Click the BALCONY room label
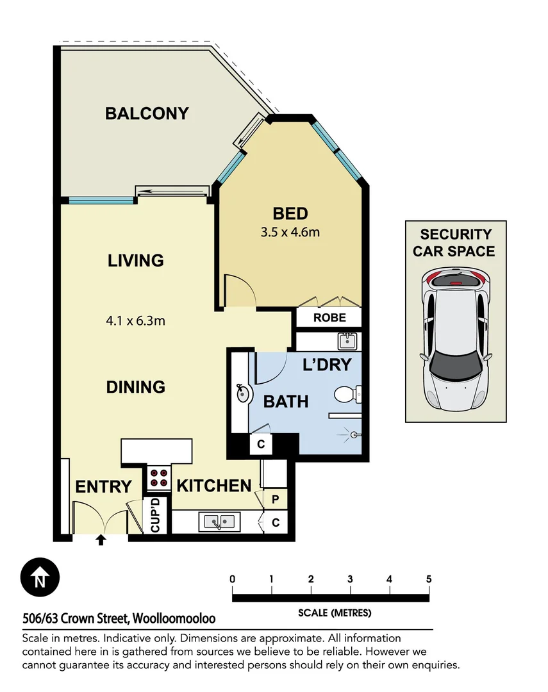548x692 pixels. (147, 113)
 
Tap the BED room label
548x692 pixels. (290, 213)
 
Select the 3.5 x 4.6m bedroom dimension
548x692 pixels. (290, 232)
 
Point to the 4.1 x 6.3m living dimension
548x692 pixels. (136, 320)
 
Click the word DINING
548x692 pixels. (136, 387)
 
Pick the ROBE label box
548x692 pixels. (329, 317)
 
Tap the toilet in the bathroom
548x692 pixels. (349, 394)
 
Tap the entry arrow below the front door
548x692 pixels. (100, 541)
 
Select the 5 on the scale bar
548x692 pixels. (428, 579)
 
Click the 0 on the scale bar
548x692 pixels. (232, 579)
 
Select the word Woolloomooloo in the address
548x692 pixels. (175, 619)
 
